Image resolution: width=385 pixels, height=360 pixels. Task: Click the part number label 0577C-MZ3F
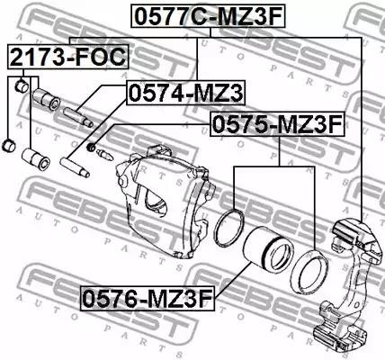pyautogui.click(x=208, y=16)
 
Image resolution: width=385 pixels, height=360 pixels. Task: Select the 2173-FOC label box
pyautogui.click(x=68, y=57)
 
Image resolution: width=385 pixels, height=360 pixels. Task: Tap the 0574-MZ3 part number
pyautogui.click(x=186, y=93)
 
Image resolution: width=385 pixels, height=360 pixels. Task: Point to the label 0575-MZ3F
pyautogui.click(x=277, y=124)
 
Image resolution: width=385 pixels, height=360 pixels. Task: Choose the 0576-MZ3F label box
pyautogui.click(x=148, y=298)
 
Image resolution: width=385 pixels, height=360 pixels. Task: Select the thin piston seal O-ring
pyautogui.click(x=229, y=227)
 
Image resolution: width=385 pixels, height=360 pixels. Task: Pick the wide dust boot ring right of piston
pyautogui.click(x=309, y=272)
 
